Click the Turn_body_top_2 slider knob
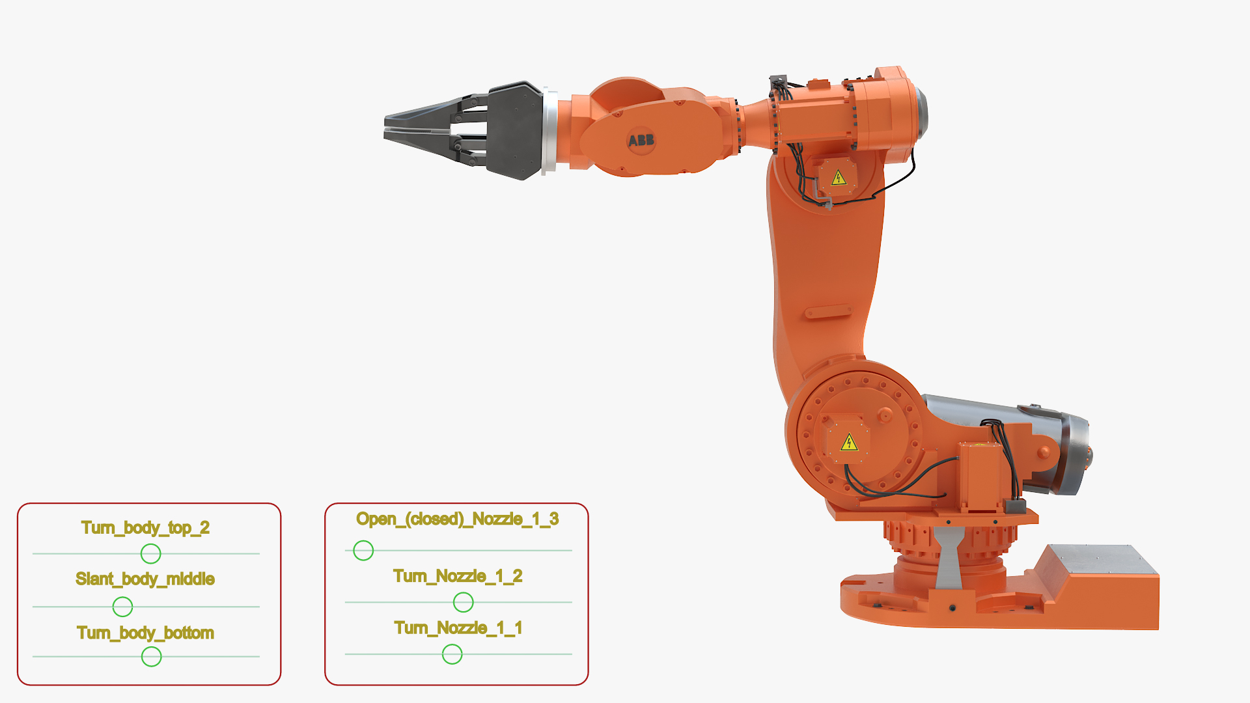[x=150, y=553]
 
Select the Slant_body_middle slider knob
[x=122, y=607]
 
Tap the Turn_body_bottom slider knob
[x=151, y=657]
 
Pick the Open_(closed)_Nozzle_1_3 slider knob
[x=363, y=551]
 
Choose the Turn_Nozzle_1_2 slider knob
[x=463, y=602]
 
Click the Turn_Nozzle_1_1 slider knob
[x=452, y=654]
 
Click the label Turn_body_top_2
[x=145, y=527]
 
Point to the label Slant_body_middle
[x=145, y=579]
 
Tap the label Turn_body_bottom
[x=145, y=633]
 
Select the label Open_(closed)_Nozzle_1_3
[x=457, y=519]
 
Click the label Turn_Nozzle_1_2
[x=457, y=576]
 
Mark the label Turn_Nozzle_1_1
[x=458, y=627]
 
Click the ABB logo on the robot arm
[x=641, y=140]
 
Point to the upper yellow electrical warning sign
[x=839, y=178]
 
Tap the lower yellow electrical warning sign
[x=849, y=443]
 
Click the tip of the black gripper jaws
[x=388, y=126]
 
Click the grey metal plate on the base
[x=1100, y=559]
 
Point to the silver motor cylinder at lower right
[x=996, y=423]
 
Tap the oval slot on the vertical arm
[x=828, y=312]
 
